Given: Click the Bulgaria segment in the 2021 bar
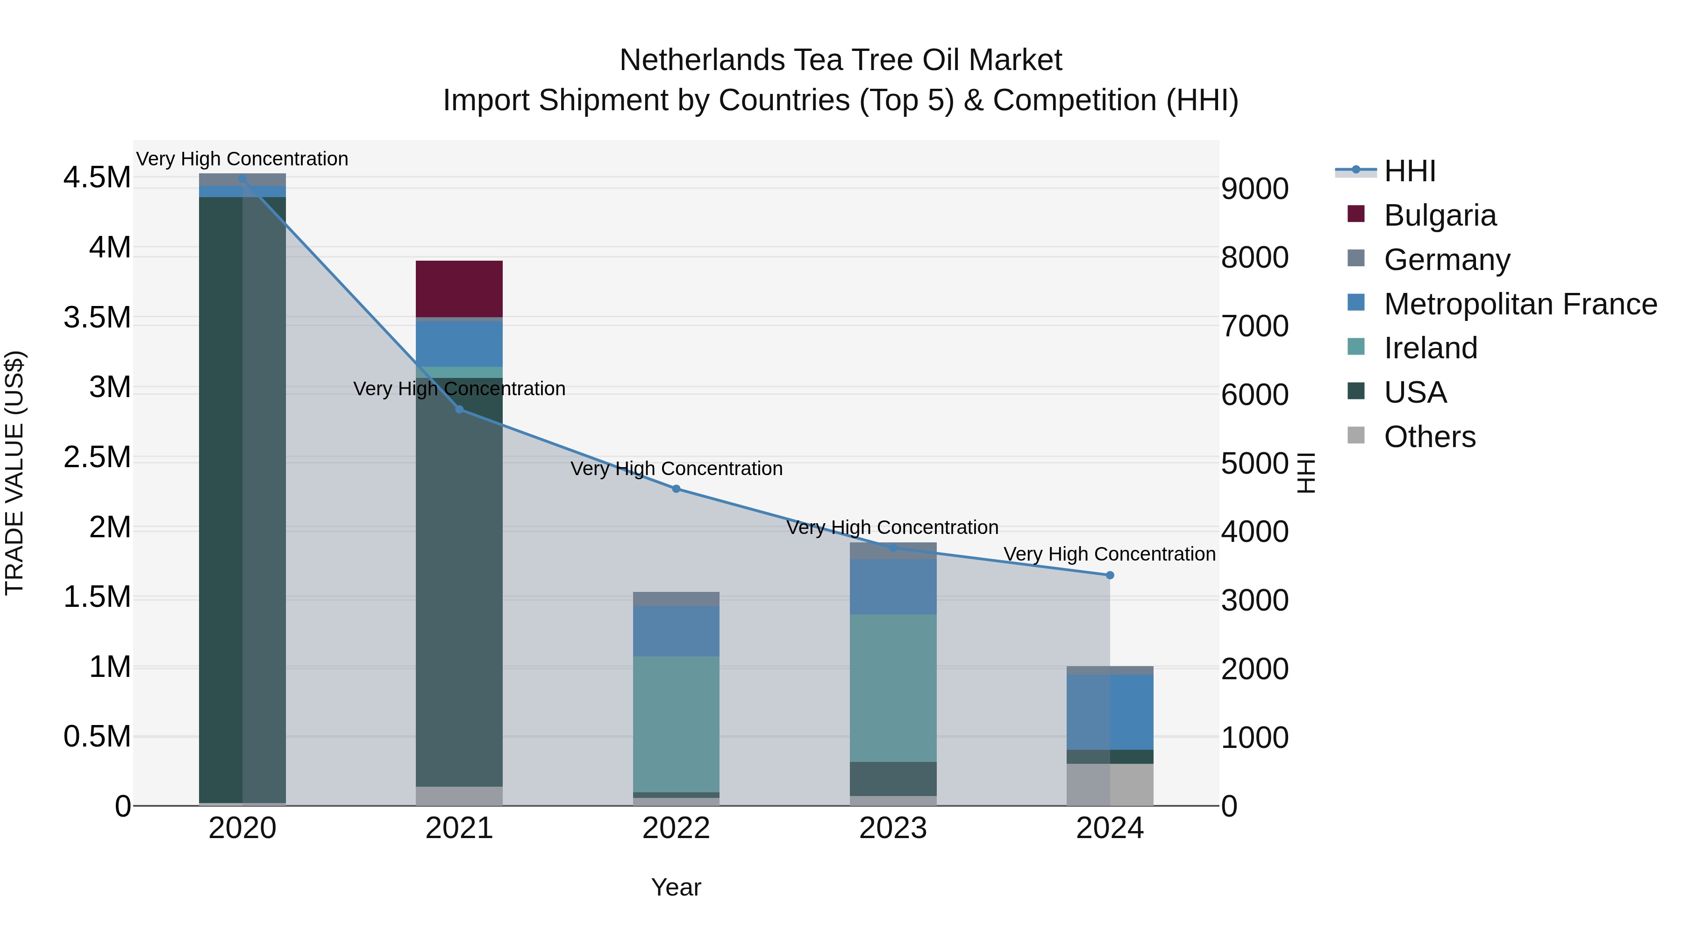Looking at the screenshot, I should pos(459,289).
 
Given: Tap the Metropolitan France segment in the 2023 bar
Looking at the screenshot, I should pos(892,586).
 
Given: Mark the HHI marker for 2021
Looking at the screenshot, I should pos(459,409).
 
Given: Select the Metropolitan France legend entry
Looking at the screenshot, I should pos(1519,304).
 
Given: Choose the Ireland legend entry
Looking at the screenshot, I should pos(1430,348).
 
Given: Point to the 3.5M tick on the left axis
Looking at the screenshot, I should pos(97,318).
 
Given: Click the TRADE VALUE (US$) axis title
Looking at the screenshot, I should pos(15,473).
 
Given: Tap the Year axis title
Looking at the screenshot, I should pos(676,887).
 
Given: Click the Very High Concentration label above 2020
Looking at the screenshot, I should pos(242,159).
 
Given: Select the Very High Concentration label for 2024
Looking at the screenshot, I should pos(1109,554).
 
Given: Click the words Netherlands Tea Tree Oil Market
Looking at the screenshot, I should pos(841,60).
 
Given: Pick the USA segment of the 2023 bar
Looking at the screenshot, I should pos(892,778).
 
